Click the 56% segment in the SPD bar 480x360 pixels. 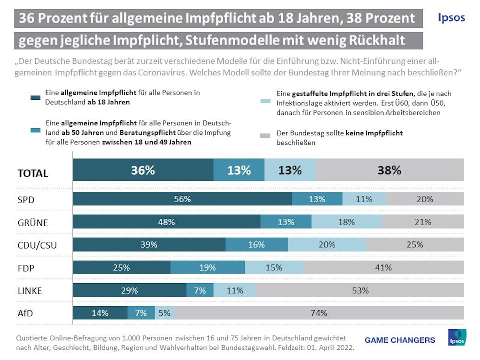click(182, 199)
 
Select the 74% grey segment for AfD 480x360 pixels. click(319, 313)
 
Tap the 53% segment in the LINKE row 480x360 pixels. click(360, 290)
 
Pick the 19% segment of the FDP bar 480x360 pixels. click(207, 267)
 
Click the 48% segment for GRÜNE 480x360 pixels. click(167, 222)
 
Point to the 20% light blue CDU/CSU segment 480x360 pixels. click(327, 245)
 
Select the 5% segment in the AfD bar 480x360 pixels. click(165, 313)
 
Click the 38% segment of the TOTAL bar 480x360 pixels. click(389, 170)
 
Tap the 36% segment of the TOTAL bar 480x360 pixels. click(143, 170)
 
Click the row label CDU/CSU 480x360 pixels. click(37, 246)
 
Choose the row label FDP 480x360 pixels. click(26, 268)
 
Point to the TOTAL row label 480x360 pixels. click(33, 173)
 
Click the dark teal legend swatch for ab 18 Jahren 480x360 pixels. click(35, 98)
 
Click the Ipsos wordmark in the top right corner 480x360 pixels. click(451, 17)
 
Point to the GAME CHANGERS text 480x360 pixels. click(400, 340)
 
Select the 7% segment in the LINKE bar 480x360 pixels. click(200, 290)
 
